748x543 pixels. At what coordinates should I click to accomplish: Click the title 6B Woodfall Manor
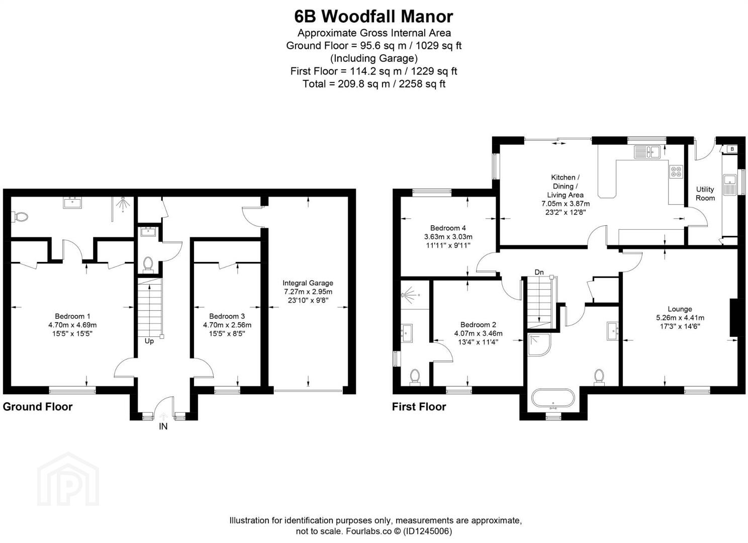point(373,17)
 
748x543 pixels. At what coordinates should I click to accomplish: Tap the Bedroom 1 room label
point(72,316)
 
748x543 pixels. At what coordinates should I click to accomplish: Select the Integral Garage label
point(308,283)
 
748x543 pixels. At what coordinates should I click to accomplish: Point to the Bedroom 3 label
point(227,316)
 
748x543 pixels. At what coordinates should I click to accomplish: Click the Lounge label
point(680,309)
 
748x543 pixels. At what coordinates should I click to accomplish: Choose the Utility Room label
point(705,194)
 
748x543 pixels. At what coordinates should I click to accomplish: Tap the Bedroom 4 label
point(448,228)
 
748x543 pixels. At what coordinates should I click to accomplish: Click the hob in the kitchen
point(676,171)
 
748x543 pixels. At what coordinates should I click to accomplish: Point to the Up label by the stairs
point(149,341)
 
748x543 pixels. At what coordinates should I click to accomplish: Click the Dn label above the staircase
point(539,272)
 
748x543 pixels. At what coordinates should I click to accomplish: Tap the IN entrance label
point(163,426)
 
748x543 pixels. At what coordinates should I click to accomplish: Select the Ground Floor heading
point(38,406)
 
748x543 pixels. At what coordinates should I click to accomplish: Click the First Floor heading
point(419,406)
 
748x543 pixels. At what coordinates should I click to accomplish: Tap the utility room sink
point(730,185)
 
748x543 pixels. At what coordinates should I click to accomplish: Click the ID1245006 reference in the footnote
point(427,531)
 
